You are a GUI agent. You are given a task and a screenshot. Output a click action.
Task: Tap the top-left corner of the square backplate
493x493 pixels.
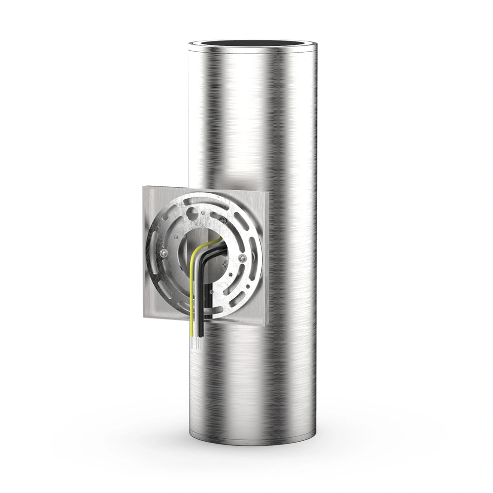pyautogui.click(x=144, y=187)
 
